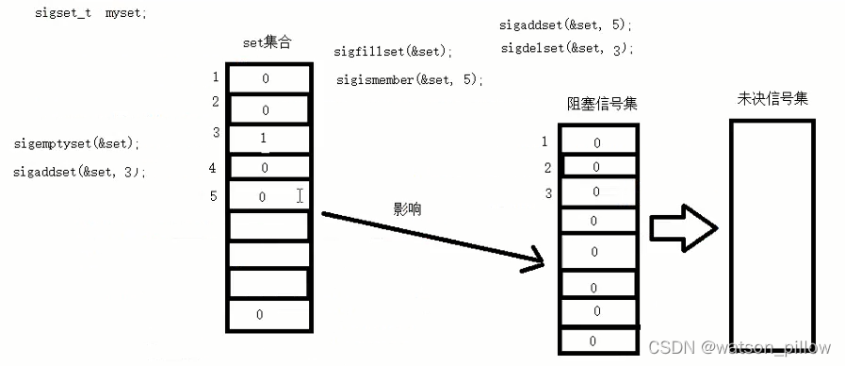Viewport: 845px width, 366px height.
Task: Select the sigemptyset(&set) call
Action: point(76,144)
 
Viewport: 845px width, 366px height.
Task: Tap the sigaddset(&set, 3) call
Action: point(80,172)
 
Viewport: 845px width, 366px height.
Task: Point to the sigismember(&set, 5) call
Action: point(410,80)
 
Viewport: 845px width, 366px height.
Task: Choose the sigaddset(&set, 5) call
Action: point(566,25)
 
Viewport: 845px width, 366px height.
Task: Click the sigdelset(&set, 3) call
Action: point(566,48)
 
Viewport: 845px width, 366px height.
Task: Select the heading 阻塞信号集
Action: point(601,104)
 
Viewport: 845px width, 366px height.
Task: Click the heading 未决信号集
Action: point(772,99)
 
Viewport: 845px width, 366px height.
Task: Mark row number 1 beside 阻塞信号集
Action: point(544,141)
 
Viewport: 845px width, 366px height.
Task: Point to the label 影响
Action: point(408,209)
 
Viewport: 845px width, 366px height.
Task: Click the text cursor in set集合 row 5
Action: point(300,196)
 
